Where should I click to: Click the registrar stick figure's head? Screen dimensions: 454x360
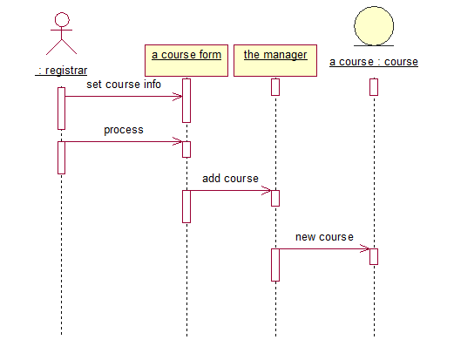[x=62, y=20]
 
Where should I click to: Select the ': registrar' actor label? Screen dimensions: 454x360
[x=61, y=71]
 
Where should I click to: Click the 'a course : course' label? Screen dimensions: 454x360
[x=374, y=62]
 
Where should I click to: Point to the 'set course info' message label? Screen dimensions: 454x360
[x=124, y=85]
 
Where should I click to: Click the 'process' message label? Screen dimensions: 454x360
[x=124, y=130]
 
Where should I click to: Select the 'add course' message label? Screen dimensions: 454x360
[x=230, y=179]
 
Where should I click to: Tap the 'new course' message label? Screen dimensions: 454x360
[x=324, y=237]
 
